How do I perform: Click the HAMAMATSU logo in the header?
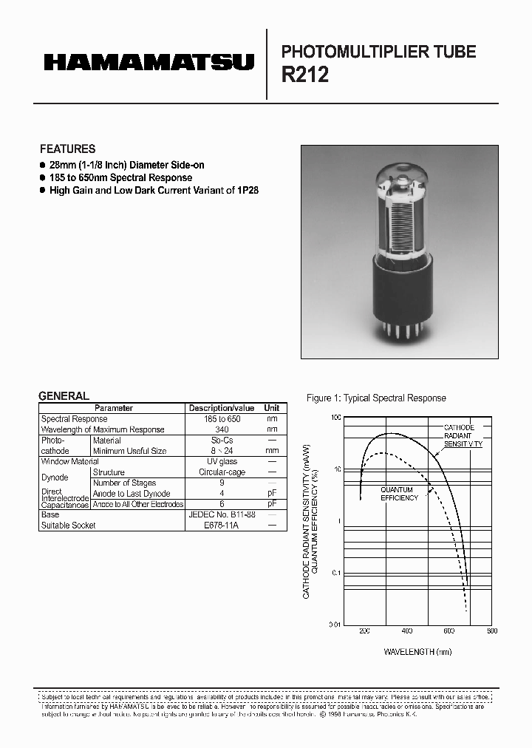[x=149, y=62]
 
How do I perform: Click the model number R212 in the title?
[x=305, y=75]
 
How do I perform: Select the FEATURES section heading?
[x=67, y=149]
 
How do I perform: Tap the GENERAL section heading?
[x=64, y=396]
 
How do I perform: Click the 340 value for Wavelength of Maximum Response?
[x=222, y=429]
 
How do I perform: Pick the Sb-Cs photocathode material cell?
[x=222, y=441]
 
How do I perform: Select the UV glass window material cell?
[x=222, y=461]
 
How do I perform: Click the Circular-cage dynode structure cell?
[x=222, y=472]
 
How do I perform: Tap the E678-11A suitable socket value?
[x=222, y=526]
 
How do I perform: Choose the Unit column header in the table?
[x=272, y=408]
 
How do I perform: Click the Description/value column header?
[x=222, y=408]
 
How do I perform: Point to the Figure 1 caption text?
[x=376, y=398]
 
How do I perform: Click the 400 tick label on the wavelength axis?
[x=406, y=631]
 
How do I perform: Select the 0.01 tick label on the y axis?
[x=335, y=625]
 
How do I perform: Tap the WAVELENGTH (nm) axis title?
[x=417, y=652]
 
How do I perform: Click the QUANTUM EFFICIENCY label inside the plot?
[x=399, y=494]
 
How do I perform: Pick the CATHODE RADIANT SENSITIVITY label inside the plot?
[x=463, y=436]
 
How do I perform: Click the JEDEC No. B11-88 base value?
[x=222, y=514]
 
